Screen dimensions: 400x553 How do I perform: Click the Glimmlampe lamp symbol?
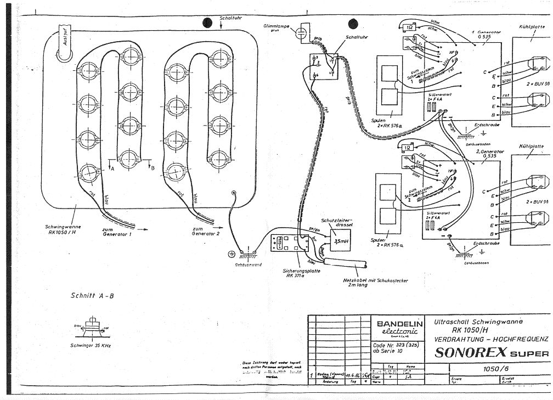300,33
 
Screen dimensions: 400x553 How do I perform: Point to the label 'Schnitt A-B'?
92,295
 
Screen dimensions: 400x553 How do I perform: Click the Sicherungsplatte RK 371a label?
298,272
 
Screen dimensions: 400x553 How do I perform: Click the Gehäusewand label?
249,264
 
